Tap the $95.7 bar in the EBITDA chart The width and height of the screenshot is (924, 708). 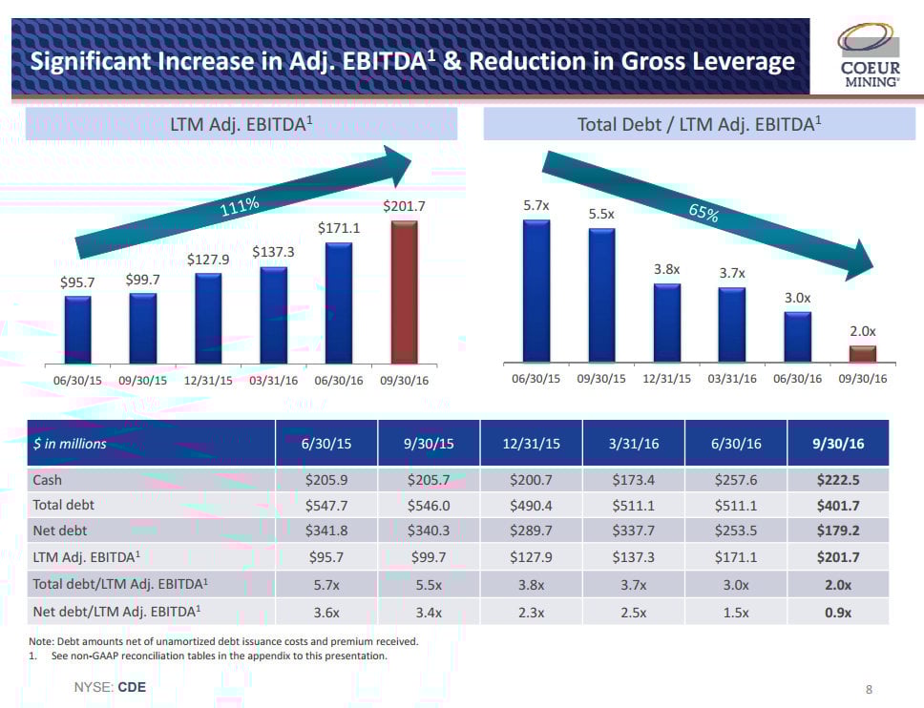coord(78,329)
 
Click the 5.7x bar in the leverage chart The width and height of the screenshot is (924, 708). coord(536,290)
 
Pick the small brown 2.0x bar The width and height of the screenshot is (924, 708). coord(862,354)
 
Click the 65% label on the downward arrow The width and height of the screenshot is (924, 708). coord(703,213)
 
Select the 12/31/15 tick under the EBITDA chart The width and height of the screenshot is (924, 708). coord(209,379)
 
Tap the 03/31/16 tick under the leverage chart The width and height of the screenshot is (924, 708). coord(732,379)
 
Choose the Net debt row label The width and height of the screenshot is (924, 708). coord(59,529)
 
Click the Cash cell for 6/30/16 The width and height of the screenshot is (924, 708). coord(735,480)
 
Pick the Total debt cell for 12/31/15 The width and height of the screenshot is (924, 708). coord(533,504)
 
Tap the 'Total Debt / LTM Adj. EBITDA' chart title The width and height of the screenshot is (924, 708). coord(700,124)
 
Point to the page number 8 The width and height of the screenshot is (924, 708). coord(869,688)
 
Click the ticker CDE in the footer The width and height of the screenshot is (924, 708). coord(132,687)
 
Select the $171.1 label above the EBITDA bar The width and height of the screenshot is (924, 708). coord(339,228)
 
